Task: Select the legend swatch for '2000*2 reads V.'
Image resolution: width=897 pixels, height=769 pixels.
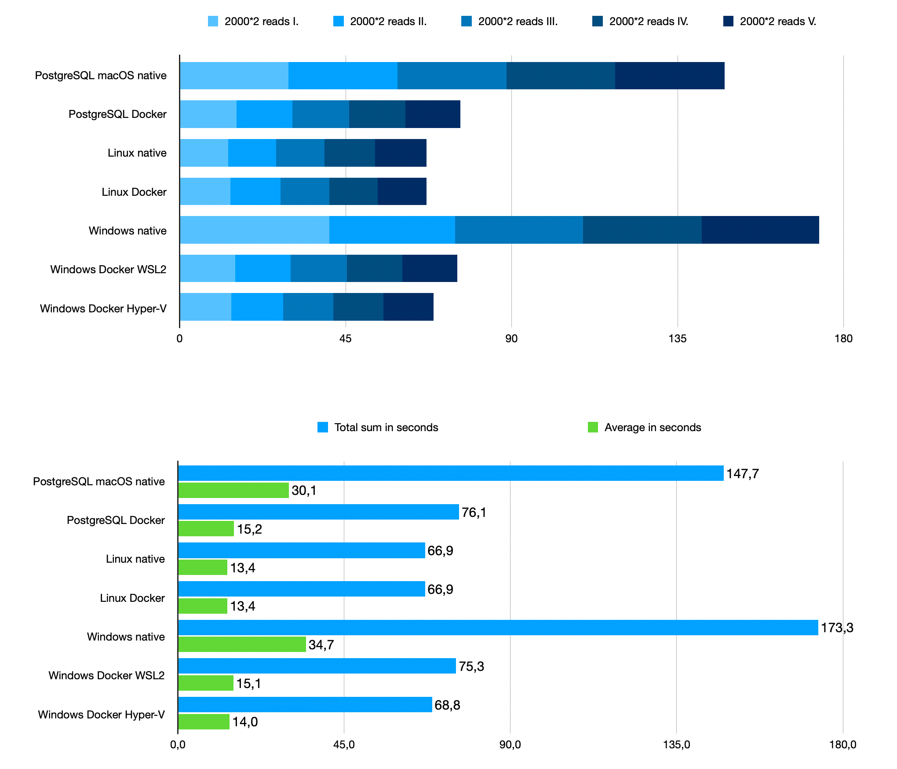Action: [728, 21]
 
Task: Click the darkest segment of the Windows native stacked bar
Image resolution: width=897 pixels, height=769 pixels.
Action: [760, 230]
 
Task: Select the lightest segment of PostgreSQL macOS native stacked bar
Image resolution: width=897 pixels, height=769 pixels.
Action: [234, 76]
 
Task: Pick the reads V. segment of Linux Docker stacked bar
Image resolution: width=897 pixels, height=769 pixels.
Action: [402, 191]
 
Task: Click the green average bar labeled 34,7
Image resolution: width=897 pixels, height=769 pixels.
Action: [242, 644]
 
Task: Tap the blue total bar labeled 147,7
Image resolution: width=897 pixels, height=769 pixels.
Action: [451, 473]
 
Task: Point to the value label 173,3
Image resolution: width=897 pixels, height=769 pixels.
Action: [837, 628]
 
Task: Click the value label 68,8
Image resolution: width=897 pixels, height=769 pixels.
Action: [447, 705]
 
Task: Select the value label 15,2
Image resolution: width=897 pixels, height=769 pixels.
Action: [249, 529]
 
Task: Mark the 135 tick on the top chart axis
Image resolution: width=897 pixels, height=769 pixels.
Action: [677, 338]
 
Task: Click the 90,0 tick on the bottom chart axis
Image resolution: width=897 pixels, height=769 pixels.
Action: [510, 744]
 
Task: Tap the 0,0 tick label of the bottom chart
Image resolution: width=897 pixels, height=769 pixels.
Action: [178, 744]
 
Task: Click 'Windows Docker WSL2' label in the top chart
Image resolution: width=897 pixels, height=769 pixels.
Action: [108, 269]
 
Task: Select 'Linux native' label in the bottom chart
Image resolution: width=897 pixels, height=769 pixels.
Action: [135, 559]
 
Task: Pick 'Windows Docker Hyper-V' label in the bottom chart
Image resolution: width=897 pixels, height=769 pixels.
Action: [101, 714]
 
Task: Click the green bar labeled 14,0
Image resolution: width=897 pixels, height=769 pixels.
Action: [204, 722]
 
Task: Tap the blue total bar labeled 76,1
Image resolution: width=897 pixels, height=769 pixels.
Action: [318, 512]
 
